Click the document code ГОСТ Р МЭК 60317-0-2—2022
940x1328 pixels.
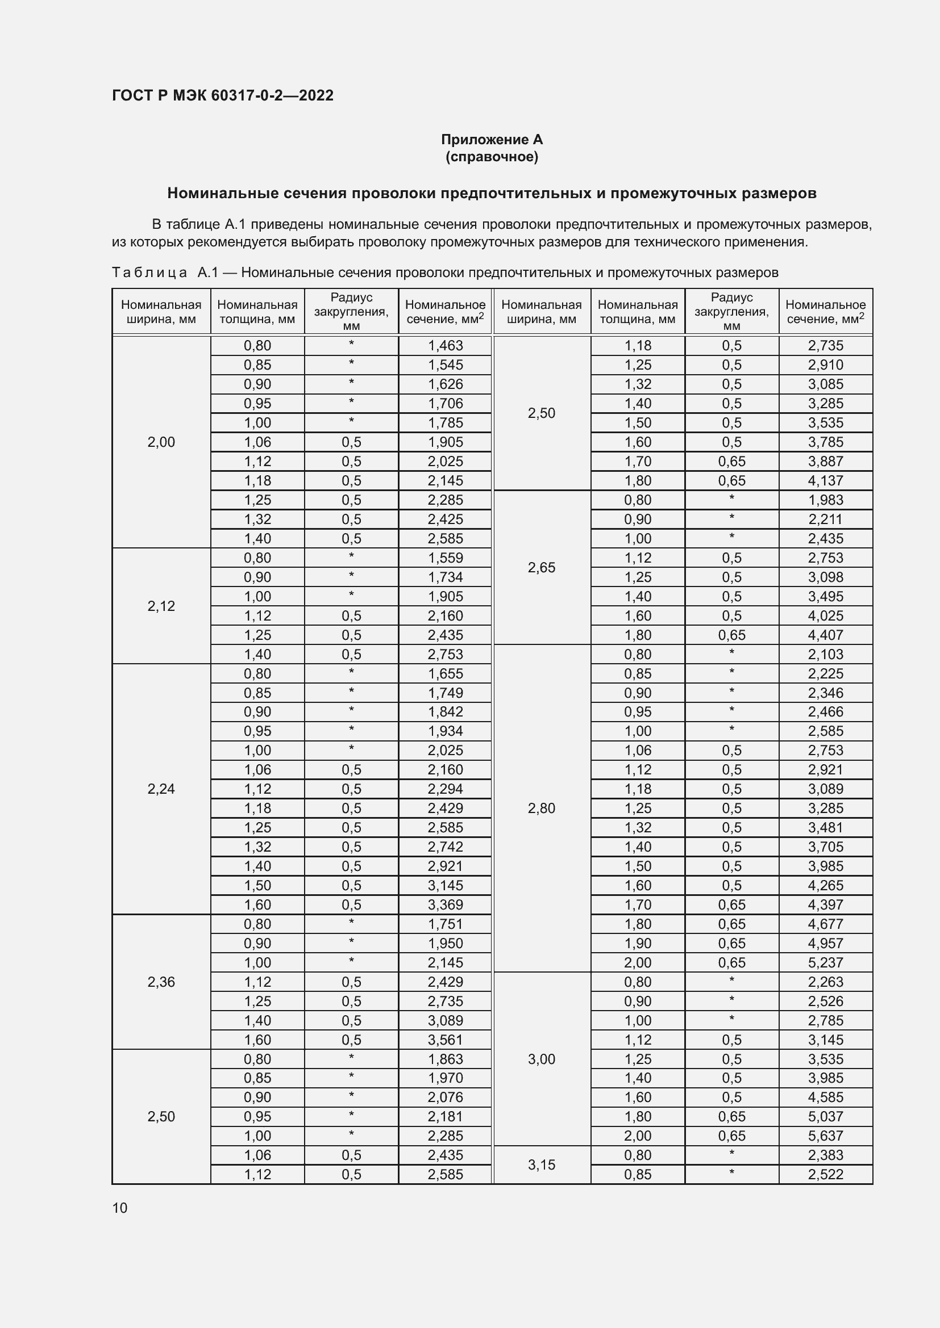[222, 95]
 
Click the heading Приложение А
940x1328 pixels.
[492, 140]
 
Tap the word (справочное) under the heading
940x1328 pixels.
[492, 157]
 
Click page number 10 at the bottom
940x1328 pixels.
[120, 1208]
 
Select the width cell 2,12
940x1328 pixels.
[161, 606]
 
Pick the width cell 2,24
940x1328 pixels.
[161, 789]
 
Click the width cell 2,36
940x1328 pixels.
[161, 982]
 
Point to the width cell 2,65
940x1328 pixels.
[541, 567]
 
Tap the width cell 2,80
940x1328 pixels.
[541, 808]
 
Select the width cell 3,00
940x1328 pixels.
[541, 1059]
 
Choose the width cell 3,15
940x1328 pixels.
[541, 1165]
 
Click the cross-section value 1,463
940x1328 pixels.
[445, 345]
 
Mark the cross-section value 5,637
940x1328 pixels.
[825, 1136]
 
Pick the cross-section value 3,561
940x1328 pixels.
[445, 1040]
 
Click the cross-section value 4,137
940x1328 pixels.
[825, 481]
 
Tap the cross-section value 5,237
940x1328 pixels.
[825, 962]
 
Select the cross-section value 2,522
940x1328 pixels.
[825, 1174]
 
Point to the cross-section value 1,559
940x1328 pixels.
[445, 558]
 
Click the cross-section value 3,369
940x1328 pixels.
[445, 904]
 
